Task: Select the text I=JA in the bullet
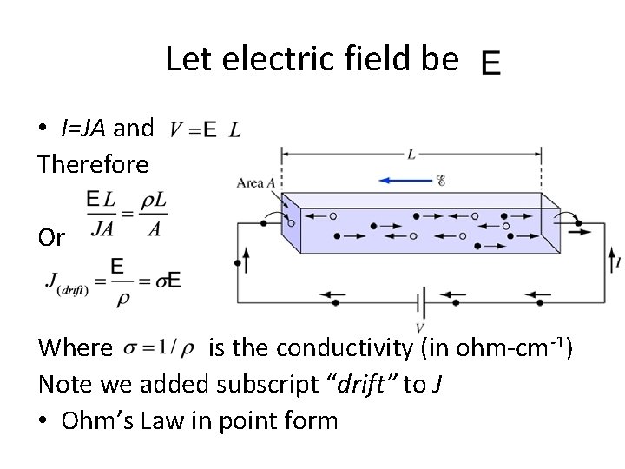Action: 84,129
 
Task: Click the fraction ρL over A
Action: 153,213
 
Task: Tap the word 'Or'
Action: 50,238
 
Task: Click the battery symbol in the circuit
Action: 420,302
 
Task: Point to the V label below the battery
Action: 419,328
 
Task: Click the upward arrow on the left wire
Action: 247,259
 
